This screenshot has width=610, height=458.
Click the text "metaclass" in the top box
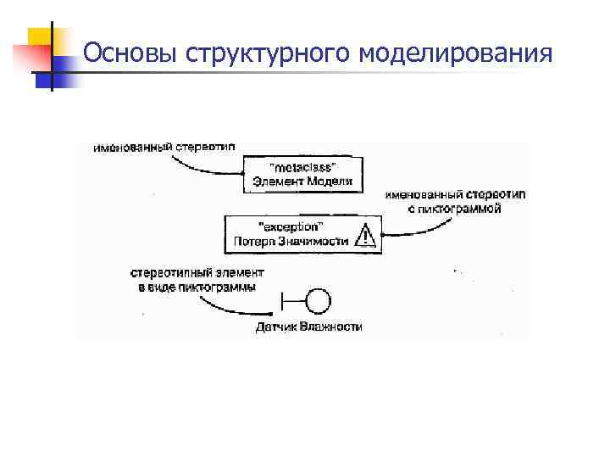(302, 166)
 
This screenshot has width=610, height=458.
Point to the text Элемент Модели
(302, 181)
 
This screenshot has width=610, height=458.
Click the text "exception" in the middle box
(289, 227)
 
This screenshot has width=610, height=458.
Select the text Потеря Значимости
(291, 242)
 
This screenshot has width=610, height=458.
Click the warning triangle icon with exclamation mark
(364, 235)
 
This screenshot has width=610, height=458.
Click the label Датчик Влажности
(308, 326)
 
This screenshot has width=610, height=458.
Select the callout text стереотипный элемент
(197, 273)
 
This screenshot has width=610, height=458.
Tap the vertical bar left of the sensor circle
(282, 300)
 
